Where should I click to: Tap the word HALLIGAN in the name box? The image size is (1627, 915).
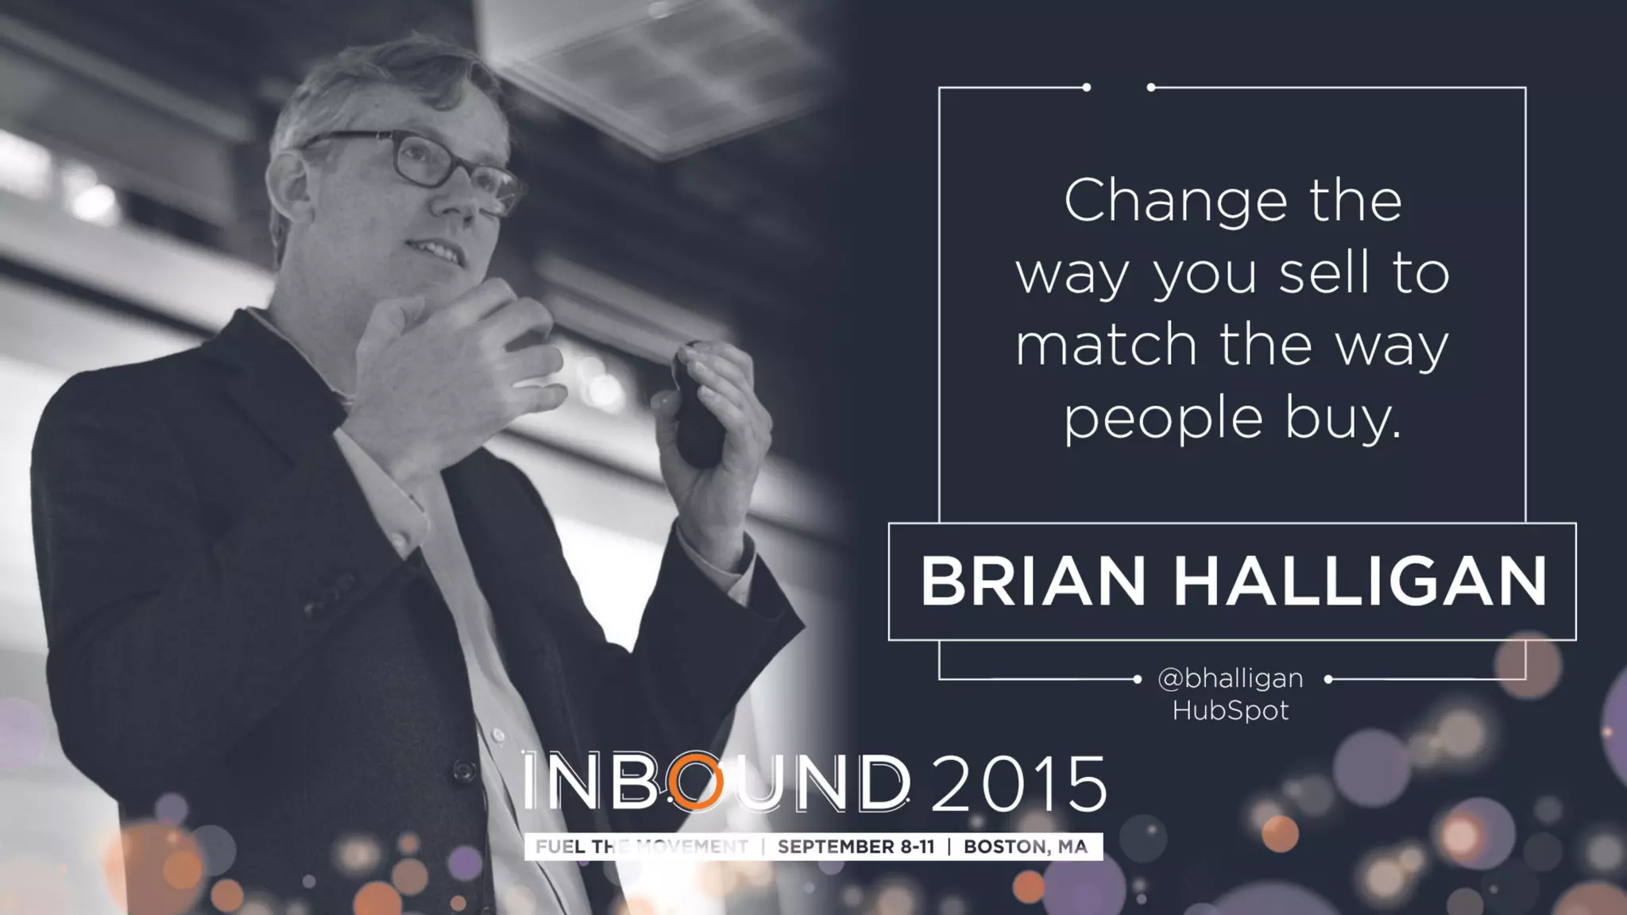click(x=1361, y=581)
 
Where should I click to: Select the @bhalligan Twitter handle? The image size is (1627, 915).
click(x=1230, y=678)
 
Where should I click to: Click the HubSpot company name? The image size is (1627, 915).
click(x=1230, y=710)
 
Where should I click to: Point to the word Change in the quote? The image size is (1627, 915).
click(x=1175, y=203)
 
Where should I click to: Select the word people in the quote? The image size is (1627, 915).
click(x=1163, y=419)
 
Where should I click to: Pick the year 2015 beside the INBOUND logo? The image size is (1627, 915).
click(x=1018, y=783)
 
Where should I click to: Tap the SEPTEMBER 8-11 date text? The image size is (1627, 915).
click(x=856, y=847)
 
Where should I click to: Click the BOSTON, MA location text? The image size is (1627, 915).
click(x=1025, y=847)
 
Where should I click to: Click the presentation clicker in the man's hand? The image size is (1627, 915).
click(x=698, y=405)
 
